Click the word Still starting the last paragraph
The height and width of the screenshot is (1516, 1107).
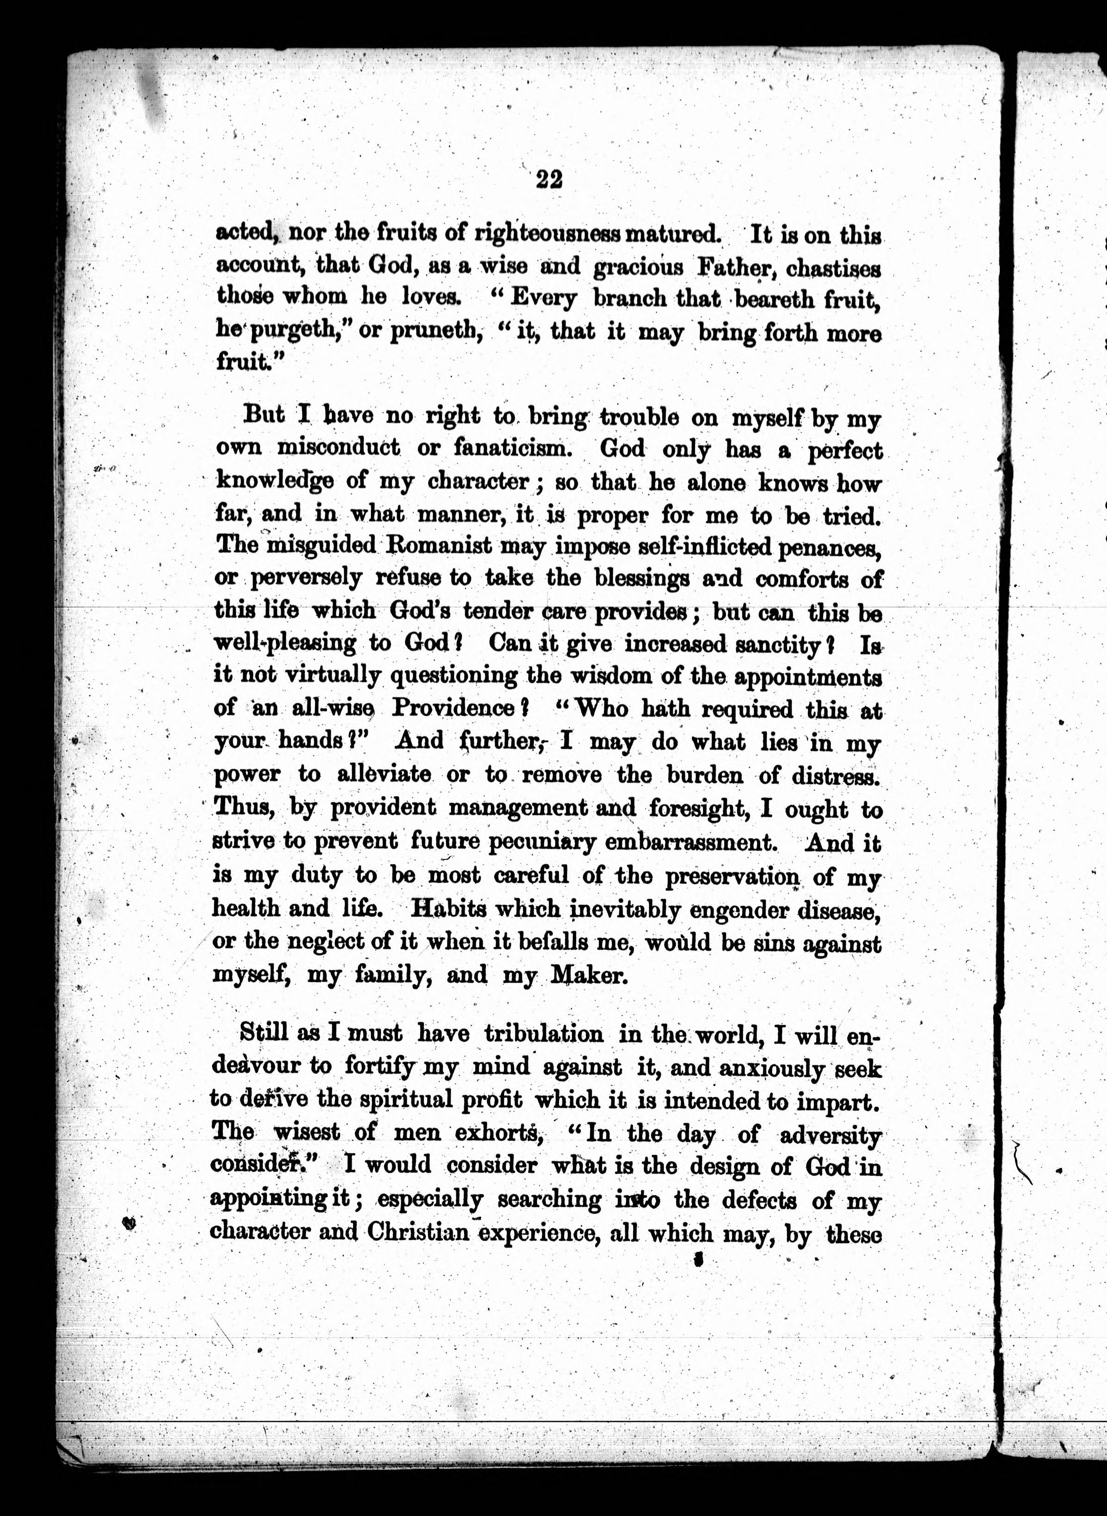[x=264, y=1034]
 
